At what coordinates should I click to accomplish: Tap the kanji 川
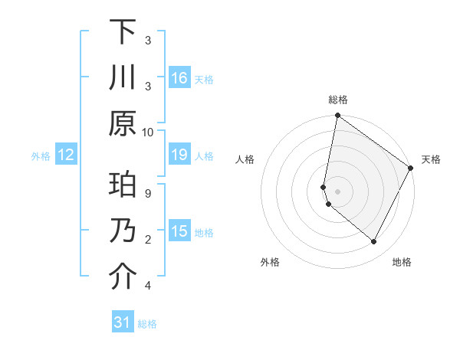123,78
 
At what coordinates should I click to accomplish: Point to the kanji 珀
123,186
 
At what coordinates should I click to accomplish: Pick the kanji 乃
123,232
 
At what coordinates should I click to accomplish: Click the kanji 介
123,278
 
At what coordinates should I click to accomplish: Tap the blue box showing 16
179,77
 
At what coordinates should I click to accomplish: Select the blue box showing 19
179,155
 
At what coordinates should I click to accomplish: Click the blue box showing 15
179,232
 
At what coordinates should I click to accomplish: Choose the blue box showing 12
65,155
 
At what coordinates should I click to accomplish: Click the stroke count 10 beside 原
148,132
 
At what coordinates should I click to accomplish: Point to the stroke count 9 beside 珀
148,193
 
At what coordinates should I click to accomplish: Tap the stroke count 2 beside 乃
148,240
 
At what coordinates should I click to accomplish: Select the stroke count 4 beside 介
148,286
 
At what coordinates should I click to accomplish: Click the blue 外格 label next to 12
41,155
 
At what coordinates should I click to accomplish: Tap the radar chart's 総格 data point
337,116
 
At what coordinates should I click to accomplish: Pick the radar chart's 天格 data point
411,169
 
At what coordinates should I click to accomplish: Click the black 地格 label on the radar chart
402,262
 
